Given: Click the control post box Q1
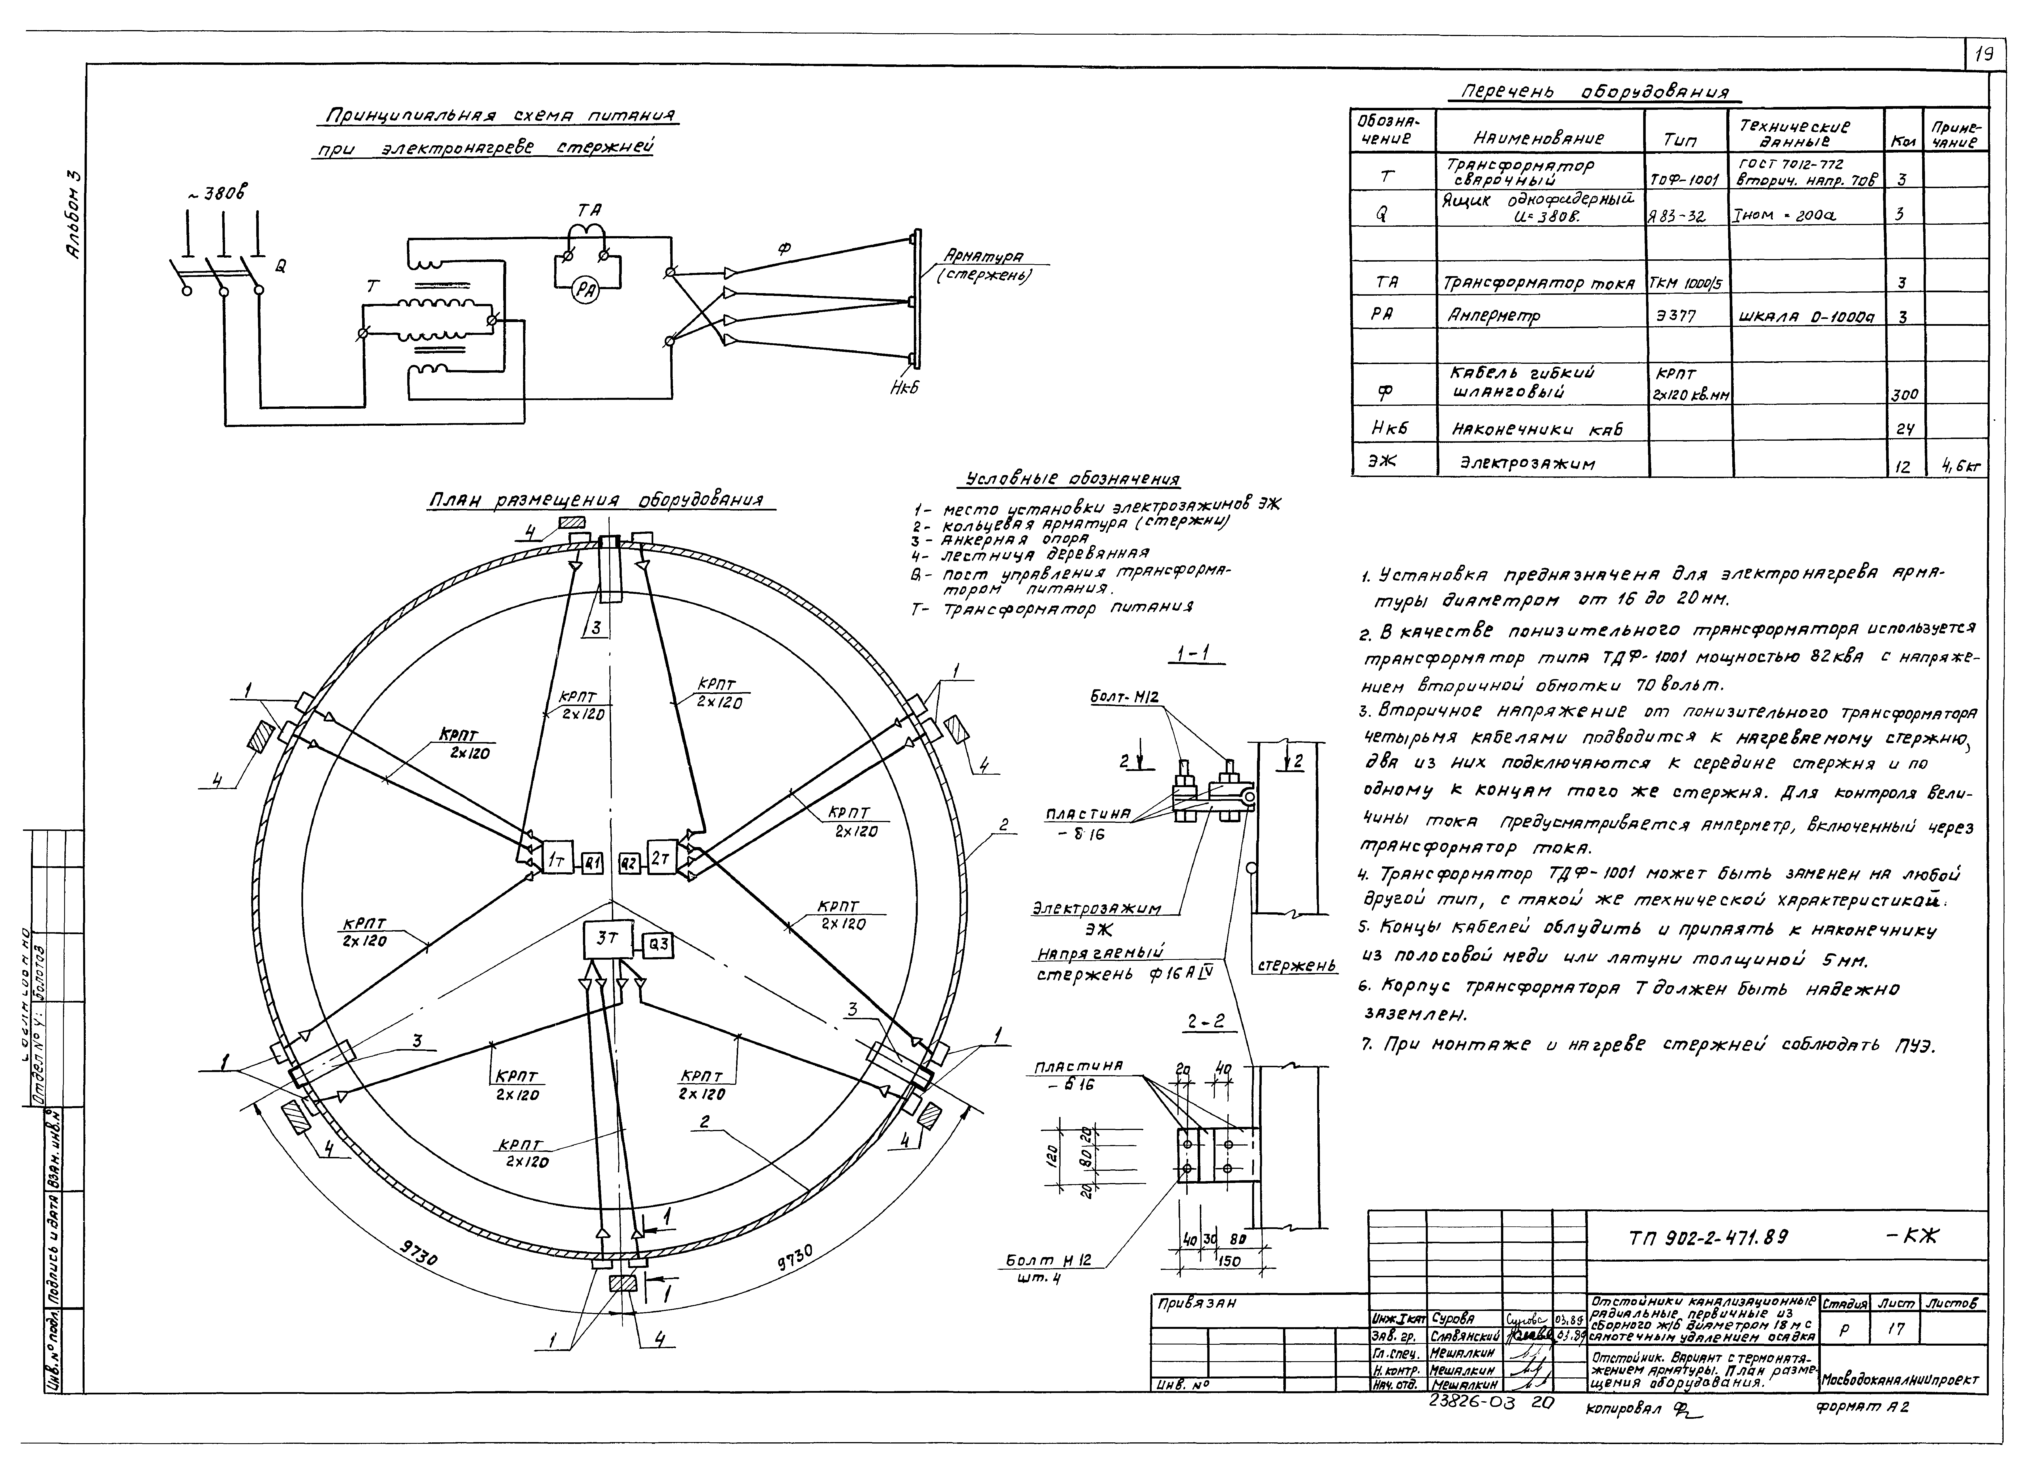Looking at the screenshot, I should coord(593,863).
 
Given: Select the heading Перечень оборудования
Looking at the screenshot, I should coord(1594,92).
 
